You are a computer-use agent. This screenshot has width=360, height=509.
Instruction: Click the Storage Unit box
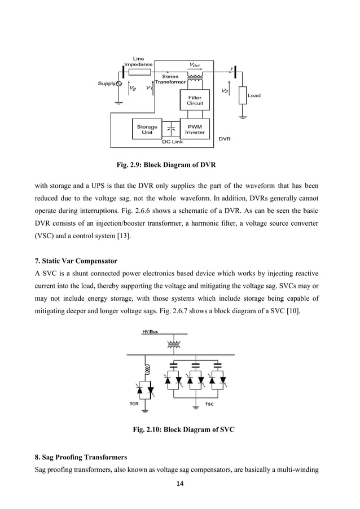[147, 129]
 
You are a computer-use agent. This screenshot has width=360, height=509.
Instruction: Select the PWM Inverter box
[194, 129]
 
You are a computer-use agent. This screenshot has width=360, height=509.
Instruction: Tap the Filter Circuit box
[194, 100]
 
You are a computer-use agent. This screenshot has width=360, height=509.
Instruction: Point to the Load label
[254, 95]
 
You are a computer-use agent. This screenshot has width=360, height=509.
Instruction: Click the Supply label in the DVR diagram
[107, 84]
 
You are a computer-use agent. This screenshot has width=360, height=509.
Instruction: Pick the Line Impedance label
[138, 62]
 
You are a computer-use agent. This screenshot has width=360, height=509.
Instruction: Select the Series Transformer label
[170, 79]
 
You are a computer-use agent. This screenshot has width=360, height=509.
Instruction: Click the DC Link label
[172, 142]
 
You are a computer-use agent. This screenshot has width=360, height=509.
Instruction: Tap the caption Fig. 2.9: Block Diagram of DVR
[165, 165]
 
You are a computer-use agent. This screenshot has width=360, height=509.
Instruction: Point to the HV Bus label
[149, 332]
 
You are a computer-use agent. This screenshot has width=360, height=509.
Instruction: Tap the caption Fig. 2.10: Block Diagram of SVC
[183, 430]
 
